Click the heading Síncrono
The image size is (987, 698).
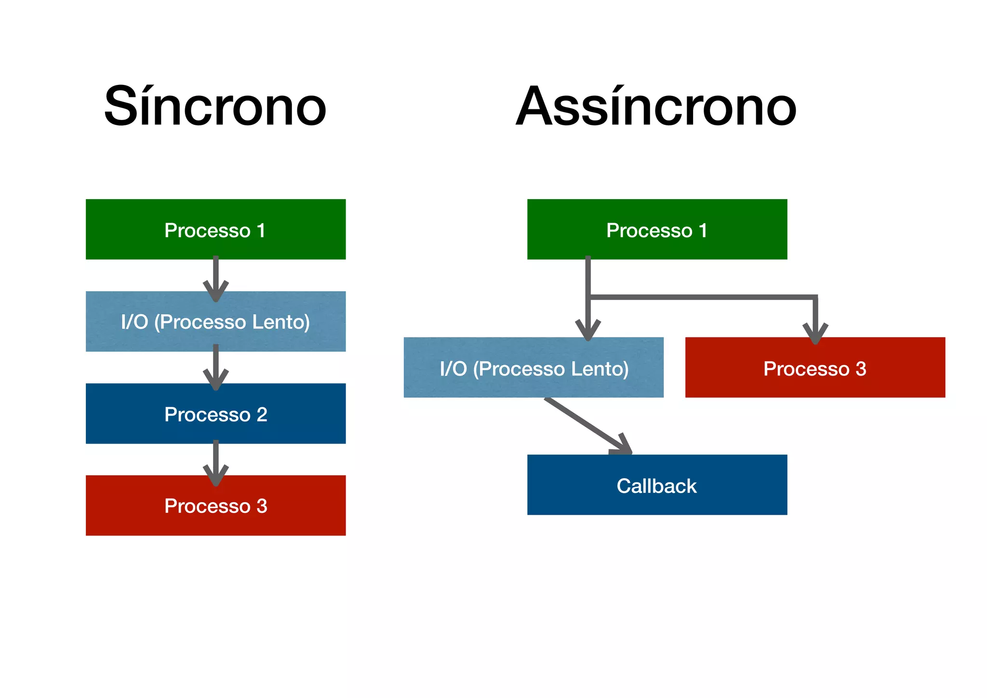click(x=215, y=106)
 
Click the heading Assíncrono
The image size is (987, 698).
click(x=656, y=106)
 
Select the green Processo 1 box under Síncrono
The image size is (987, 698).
click(x=215, y=229)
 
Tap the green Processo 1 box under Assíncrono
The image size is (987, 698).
click(x=657, y=229)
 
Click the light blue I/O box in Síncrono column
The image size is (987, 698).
click(x=215, y=322)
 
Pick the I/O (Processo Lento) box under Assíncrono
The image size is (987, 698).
click(x=534, y=368)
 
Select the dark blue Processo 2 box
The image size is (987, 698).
click(x=215, y=414)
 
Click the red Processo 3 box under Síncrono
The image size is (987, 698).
click(x=215, y=506)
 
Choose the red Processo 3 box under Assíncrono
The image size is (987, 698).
click(x=815, y=368)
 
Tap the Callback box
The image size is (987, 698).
click(x=657, y=485)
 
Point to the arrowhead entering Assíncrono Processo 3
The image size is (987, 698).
click(x=815, y=334)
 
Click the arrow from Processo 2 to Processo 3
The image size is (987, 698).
click(x=216, y=460)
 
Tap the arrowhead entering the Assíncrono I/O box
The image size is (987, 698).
click(x=588, y=332)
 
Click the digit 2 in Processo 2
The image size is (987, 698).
click(x=262, y=415)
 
